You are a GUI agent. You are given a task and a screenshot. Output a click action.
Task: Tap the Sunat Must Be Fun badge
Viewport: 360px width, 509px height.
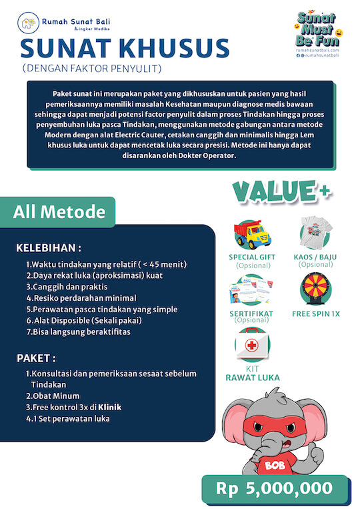coord(317,31)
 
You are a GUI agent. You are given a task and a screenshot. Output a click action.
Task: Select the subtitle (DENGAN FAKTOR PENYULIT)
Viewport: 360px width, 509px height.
coord(91,68)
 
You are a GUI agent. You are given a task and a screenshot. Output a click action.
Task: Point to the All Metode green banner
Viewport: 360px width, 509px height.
coord(59,212)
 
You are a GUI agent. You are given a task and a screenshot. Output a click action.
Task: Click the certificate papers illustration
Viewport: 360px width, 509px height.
coord(253,291)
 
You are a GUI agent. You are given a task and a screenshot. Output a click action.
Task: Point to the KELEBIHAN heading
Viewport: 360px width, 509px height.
coord(53,248)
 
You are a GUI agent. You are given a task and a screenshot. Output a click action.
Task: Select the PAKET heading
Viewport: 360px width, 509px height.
coord(36,358)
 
